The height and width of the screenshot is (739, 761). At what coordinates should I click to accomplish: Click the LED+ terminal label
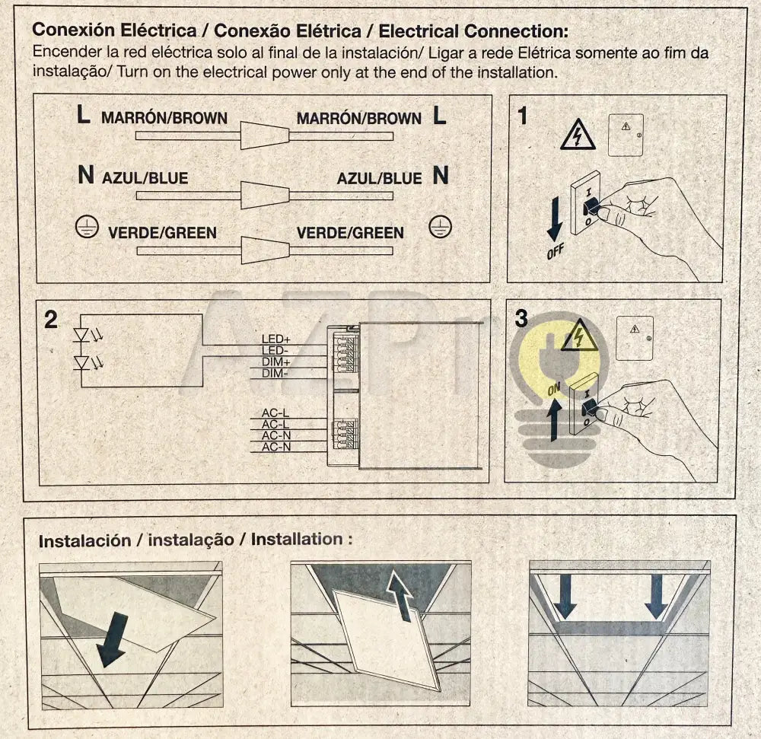[x=276, y=338]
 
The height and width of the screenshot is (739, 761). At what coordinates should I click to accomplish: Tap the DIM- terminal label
[x=275, y=374]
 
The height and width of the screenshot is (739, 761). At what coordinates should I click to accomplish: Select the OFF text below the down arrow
[x=556, y=250]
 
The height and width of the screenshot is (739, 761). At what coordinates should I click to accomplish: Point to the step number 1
[x=522, y=116]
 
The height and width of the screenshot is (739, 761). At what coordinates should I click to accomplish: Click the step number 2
[x=51, y=320]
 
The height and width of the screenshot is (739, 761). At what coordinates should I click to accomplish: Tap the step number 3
[x=521, y=319]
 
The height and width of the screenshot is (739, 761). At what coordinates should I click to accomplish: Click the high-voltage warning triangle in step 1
[x=578, y=135]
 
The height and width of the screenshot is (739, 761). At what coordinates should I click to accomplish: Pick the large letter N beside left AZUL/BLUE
[x=86, y=177]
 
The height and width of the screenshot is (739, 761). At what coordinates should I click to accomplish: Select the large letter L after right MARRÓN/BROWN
[x=439, y=116]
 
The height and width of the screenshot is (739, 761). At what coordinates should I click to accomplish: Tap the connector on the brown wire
[x=265, y=136]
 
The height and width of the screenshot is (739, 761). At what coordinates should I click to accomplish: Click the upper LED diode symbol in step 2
[x=81, y=334]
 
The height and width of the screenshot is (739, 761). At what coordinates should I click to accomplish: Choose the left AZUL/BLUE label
[x=145, y=178]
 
